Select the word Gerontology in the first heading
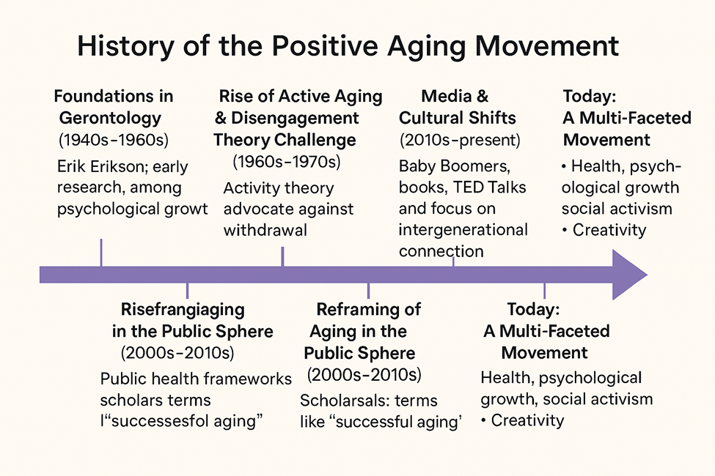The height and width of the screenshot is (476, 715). pos(110,119)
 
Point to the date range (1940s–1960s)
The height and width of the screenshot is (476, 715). pos(114,140)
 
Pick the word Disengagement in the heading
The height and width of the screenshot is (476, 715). pos(295,119)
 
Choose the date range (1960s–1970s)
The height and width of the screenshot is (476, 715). pos(286,162)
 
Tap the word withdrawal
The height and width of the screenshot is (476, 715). pos(265,230)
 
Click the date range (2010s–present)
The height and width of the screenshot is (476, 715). pos(460,140)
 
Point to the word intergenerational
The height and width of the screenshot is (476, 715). pos(463,229)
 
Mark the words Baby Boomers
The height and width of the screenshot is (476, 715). pos(454,166)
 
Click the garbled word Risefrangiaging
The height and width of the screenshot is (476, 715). pos(183,310)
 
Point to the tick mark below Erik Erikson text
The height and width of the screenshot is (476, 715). pos(101,253)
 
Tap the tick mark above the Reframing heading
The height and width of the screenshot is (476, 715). pos(368,291)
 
